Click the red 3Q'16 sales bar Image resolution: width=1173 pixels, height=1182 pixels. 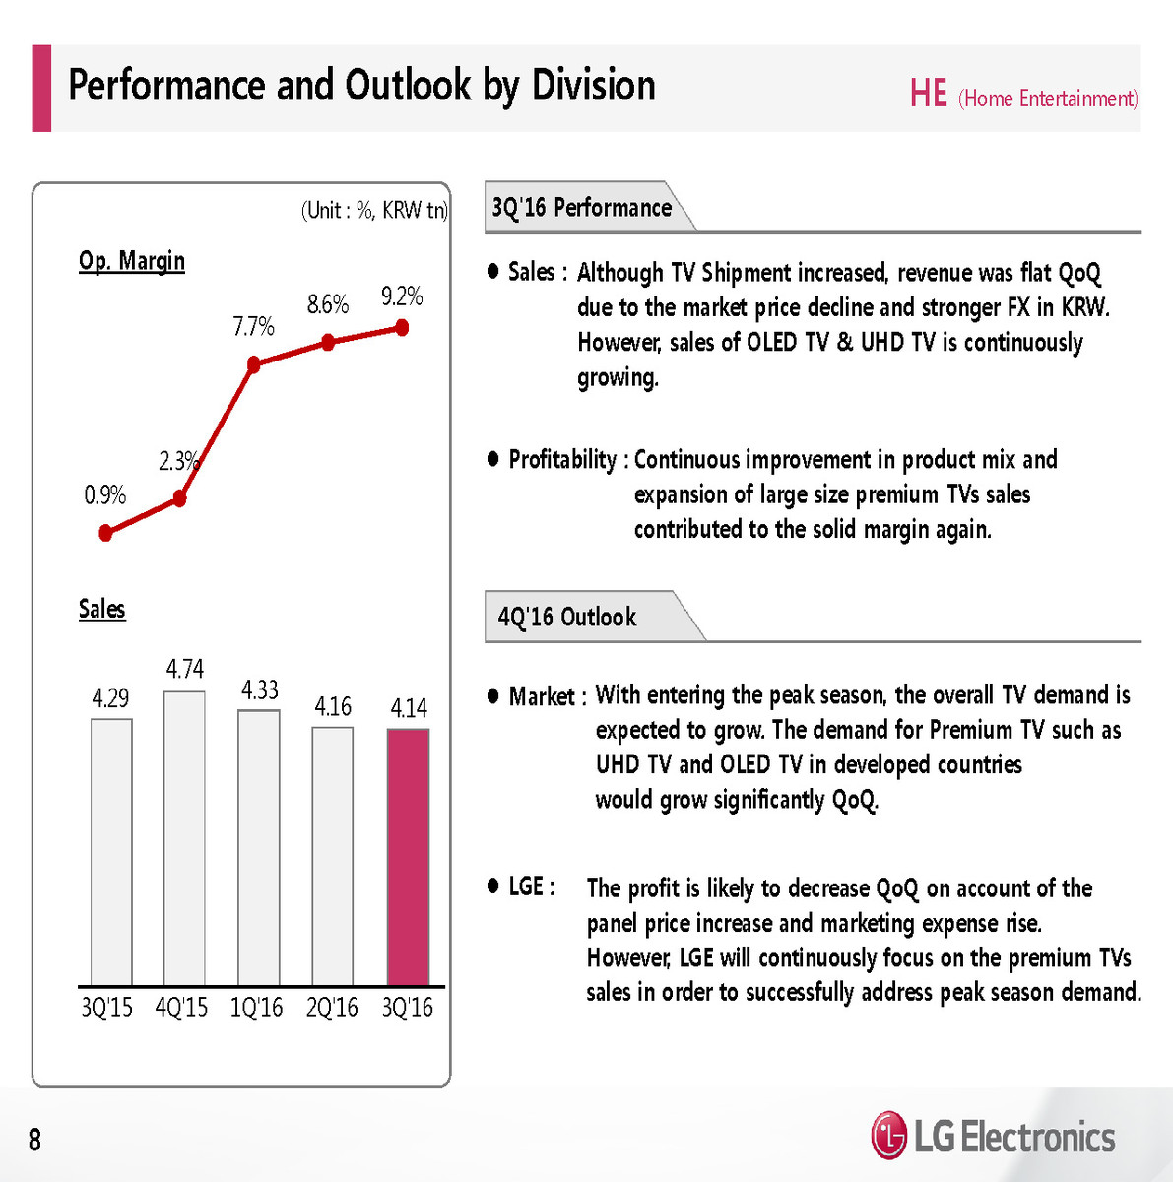point(408,857)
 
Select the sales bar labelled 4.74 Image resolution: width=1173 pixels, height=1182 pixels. point(184,837)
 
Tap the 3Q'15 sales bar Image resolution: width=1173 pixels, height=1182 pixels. point(110,852)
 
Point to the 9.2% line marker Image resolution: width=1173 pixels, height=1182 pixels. point(402,327)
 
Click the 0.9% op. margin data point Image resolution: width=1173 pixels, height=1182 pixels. point(106,533)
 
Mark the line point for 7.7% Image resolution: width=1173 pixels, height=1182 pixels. point(253,364)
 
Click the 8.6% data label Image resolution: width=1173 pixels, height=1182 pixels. point(328,304)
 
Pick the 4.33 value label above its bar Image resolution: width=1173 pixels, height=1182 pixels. point(260,689)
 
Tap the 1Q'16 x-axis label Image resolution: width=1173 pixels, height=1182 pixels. point(256,1008)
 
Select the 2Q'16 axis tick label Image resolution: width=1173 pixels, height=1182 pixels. point(332,1008)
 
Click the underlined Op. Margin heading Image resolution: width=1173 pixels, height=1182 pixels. point(132,261)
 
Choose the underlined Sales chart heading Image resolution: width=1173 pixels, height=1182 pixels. point(102,609)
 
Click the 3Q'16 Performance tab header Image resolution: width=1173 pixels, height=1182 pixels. point(581,208)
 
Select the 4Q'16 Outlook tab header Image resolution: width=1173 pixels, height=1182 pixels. point(567,618)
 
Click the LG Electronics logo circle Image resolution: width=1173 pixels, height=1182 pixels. point(888,1136)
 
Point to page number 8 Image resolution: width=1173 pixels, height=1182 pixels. point(34,1140)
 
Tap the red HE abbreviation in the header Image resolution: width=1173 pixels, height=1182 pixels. point(928,95)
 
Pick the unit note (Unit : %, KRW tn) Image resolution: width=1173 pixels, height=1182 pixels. point(373,210)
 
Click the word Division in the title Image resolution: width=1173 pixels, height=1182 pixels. point(594,86)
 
